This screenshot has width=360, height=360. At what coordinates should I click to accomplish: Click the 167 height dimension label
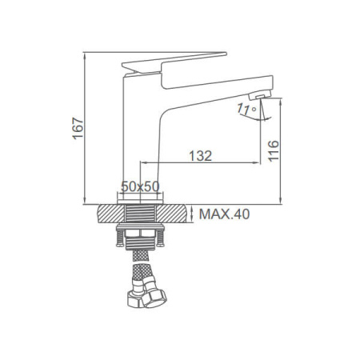(x=78, y=128)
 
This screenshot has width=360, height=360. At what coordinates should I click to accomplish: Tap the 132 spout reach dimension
(x=200, y=156)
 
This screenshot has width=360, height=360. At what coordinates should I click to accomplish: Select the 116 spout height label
(x=274, y=150)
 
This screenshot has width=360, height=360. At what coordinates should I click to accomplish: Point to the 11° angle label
(x=246, y=109)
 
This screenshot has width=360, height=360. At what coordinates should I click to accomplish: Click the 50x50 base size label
(x=140, y=186)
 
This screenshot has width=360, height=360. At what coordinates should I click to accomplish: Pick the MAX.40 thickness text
(x=225, y=214)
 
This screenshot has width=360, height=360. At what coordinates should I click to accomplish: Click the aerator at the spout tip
(x=260, y=95)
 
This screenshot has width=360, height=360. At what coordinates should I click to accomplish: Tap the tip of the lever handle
(x=226, y=54)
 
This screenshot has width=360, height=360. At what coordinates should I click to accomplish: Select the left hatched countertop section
(x=111, y=214)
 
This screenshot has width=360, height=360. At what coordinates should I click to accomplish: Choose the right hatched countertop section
(x=170, y=214)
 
